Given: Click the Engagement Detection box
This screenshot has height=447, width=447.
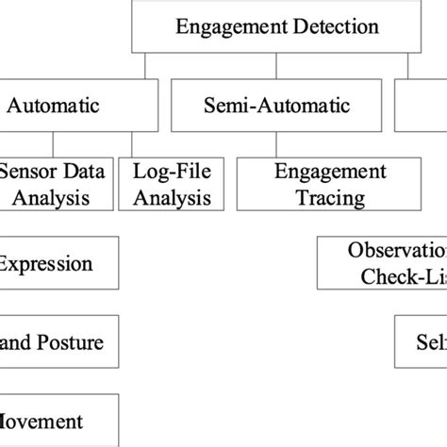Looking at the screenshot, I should point(277,26).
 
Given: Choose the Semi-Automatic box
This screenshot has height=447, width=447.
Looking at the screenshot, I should point(275,107).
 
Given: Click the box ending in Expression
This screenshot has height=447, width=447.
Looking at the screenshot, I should point(58,263).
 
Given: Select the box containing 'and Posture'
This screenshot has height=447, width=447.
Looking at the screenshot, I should point(58,342).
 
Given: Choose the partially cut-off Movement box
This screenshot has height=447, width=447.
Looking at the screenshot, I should point(58,421).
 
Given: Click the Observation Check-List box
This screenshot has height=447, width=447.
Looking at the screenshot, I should point(382,263).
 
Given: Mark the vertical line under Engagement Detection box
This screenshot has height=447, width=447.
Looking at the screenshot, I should point(276,64).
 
